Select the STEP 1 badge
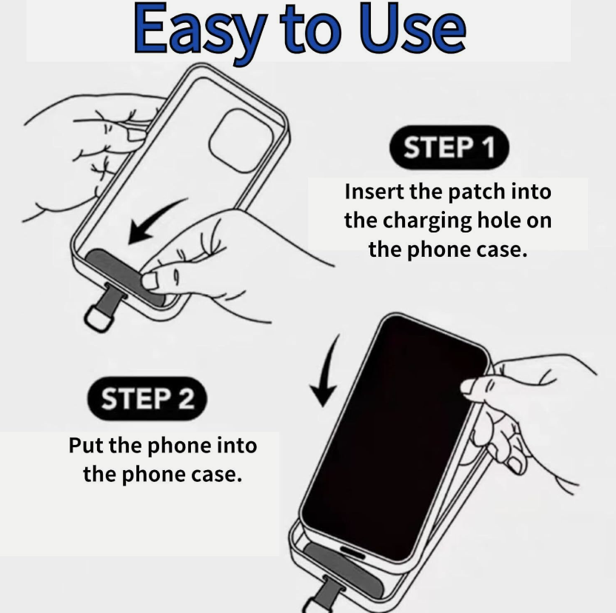pyautogui.click(x=449, y=147)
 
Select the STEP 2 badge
pyautogui.click(x=147, y=398)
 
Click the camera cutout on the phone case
pyautogui.click(x=241, y=141)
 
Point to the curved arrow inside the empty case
pyautogui.click(x=155, y=220)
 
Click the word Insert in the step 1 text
pyautogui.click(x=375, y=192)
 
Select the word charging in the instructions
pyautogui.click(x=427, y=221)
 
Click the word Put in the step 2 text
pyautogui.click(x=87, y=446)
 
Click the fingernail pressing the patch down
pyautogui.click(x=150, y=281)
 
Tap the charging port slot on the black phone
pyautogui.click(x=352, y=552)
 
